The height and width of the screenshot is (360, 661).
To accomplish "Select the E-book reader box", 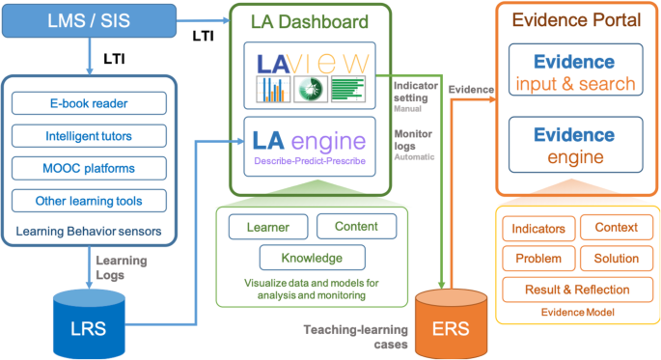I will pos(89,103).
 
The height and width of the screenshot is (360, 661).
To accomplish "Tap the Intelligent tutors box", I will pos(89,136).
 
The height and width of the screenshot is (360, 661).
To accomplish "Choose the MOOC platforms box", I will pos(89,169).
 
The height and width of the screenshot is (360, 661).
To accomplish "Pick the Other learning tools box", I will pos(89,202).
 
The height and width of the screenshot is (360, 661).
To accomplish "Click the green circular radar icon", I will pos(311,90).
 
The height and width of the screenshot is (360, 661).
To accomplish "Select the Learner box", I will pos(266,227).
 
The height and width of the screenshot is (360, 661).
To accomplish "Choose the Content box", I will pos(355,227).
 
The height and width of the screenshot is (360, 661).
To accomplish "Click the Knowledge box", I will pos(312,258).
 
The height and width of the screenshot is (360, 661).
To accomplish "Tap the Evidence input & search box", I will pos(576,73).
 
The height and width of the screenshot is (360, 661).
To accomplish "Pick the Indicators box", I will pos(538,229).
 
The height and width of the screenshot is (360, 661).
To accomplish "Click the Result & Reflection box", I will pos(577,289).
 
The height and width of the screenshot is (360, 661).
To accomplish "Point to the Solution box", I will pos(616,259).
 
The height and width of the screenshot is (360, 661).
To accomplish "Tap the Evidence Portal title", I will pos(575,20).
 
